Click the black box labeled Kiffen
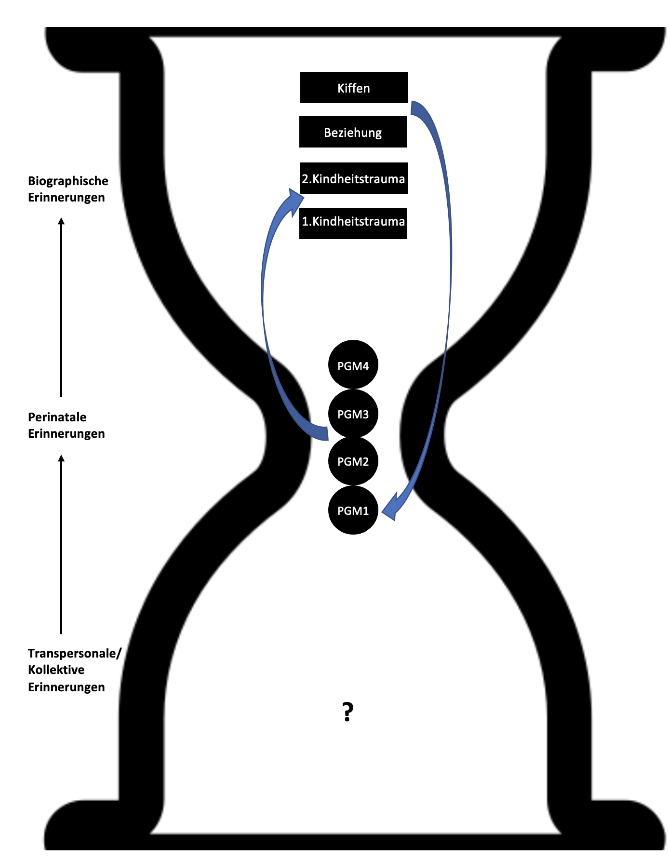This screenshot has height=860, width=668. (354, 88)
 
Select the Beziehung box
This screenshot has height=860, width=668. (353, 132)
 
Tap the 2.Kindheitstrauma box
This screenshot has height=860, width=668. (354, 178)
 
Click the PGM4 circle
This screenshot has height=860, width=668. (353, 365)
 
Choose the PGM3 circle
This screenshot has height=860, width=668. (353, 414)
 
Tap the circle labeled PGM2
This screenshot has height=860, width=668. (353, 461)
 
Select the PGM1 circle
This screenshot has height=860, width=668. (353, 510)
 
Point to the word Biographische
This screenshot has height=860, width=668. (68, 181)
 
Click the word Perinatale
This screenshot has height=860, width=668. (57, 417)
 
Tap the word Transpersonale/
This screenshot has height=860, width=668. (74, 653)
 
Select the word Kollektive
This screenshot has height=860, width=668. (56, 670)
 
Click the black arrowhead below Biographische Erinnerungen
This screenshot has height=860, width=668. (61, 222)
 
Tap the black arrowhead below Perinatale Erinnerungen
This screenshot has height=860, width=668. (61, 458)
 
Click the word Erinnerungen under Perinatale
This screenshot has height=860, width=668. (66, 433)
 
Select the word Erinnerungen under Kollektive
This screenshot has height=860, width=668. (66, 687)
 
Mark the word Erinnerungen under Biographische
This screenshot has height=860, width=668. (66, 197)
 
